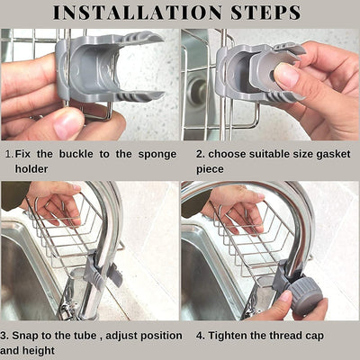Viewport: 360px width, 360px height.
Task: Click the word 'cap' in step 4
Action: point(317,337)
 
